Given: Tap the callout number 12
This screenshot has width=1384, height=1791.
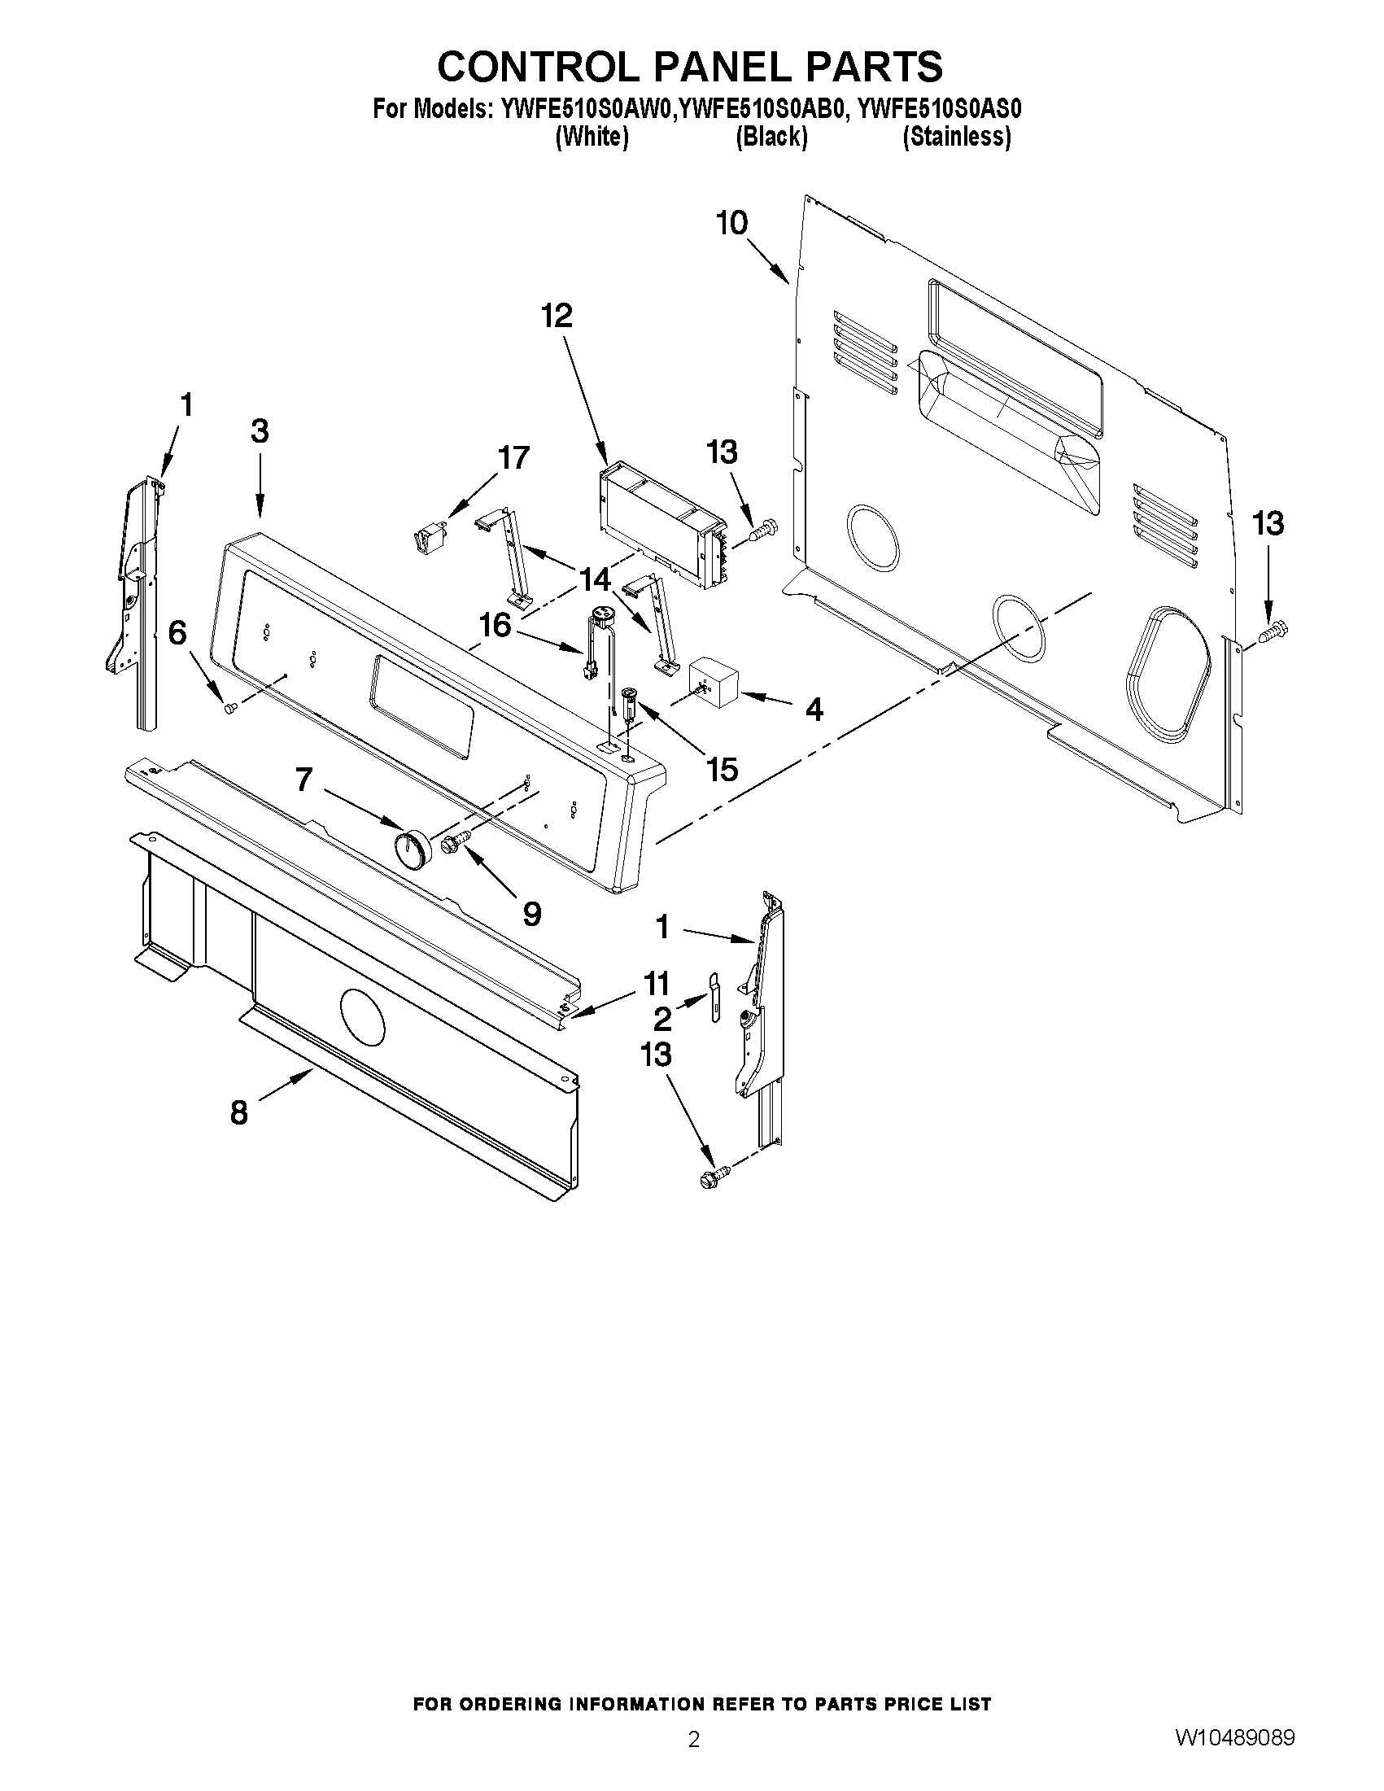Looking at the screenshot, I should tap(557, 316).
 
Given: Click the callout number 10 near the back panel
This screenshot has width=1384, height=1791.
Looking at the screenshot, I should tap(732, 223).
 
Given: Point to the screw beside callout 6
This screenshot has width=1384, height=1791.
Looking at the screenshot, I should tap(230, 706).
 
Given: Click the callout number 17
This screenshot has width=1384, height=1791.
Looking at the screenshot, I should tap(514, 457).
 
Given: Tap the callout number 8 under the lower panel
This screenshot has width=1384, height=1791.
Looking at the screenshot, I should tap(238, 1113).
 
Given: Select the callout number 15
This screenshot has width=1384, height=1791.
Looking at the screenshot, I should tap(723, 769).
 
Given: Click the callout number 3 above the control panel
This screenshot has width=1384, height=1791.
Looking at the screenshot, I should tap(260, 431).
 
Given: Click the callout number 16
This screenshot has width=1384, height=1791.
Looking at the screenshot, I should tap(495, 626).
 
